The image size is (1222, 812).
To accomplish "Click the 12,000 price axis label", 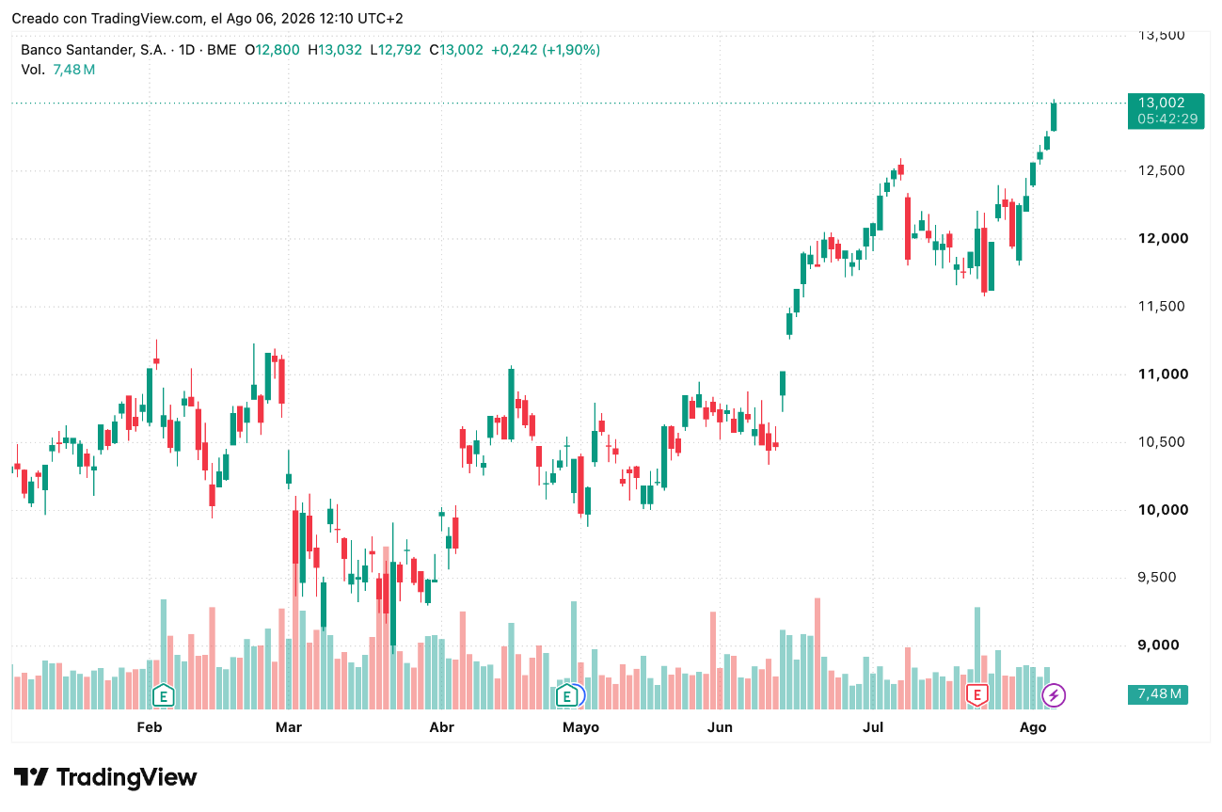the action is click(x=1163, y=238).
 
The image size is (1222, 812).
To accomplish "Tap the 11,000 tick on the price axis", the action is click(x=1163, y=374).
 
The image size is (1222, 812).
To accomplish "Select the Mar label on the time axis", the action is click(x=289, y=727).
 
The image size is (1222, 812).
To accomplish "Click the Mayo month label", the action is click(x=581, y=728).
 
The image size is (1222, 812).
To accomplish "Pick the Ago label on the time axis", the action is click(x=1033, y=728).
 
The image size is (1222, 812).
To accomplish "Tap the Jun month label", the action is click(x=720, y=727).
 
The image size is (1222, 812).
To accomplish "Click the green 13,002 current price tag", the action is click(x=1166, y=111).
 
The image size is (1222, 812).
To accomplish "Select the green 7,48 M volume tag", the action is click(x=1158, y=694).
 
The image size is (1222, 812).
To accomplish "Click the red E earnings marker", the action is click(x=977, y=695).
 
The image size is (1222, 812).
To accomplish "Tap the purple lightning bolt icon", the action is click(x=1054, y=695).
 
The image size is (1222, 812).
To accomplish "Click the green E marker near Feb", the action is click(x=163, y=695).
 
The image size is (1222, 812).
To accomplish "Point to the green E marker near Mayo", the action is click(x=567, y=695).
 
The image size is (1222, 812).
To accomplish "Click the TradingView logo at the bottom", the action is click(x=105, y=777).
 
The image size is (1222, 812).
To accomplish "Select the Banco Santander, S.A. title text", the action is click(x=93, y=50).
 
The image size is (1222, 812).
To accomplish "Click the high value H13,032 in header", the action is click(x=334, y=50).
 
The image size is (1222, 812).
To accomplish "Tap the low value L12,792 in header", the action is click(x=395, y=50).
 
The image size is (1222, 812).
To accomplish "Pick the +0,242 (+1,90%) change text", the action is click(x=546, y=50).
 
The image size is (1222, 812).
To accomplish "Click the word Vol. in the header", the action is click(x=33, y=70).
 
